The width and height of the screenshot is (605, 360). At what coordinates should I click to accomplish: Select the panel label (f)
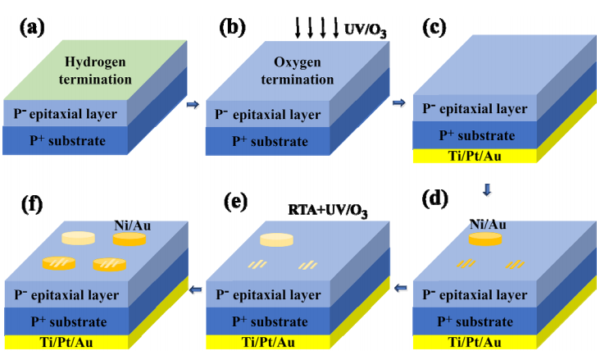point(31,200)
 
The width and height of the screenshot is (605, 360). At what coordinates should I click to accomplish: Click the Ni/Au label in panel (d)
point(486,222)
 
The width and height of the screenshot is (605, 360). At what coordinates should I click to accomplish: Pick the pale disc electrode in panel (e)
point(276,239)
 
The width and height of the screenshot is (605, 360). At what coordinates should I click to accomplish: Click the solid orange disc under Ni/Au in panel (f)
point(129,239)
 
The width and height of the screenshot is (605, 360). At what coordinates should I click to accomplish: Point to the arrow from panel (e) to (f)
point(194,288)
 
